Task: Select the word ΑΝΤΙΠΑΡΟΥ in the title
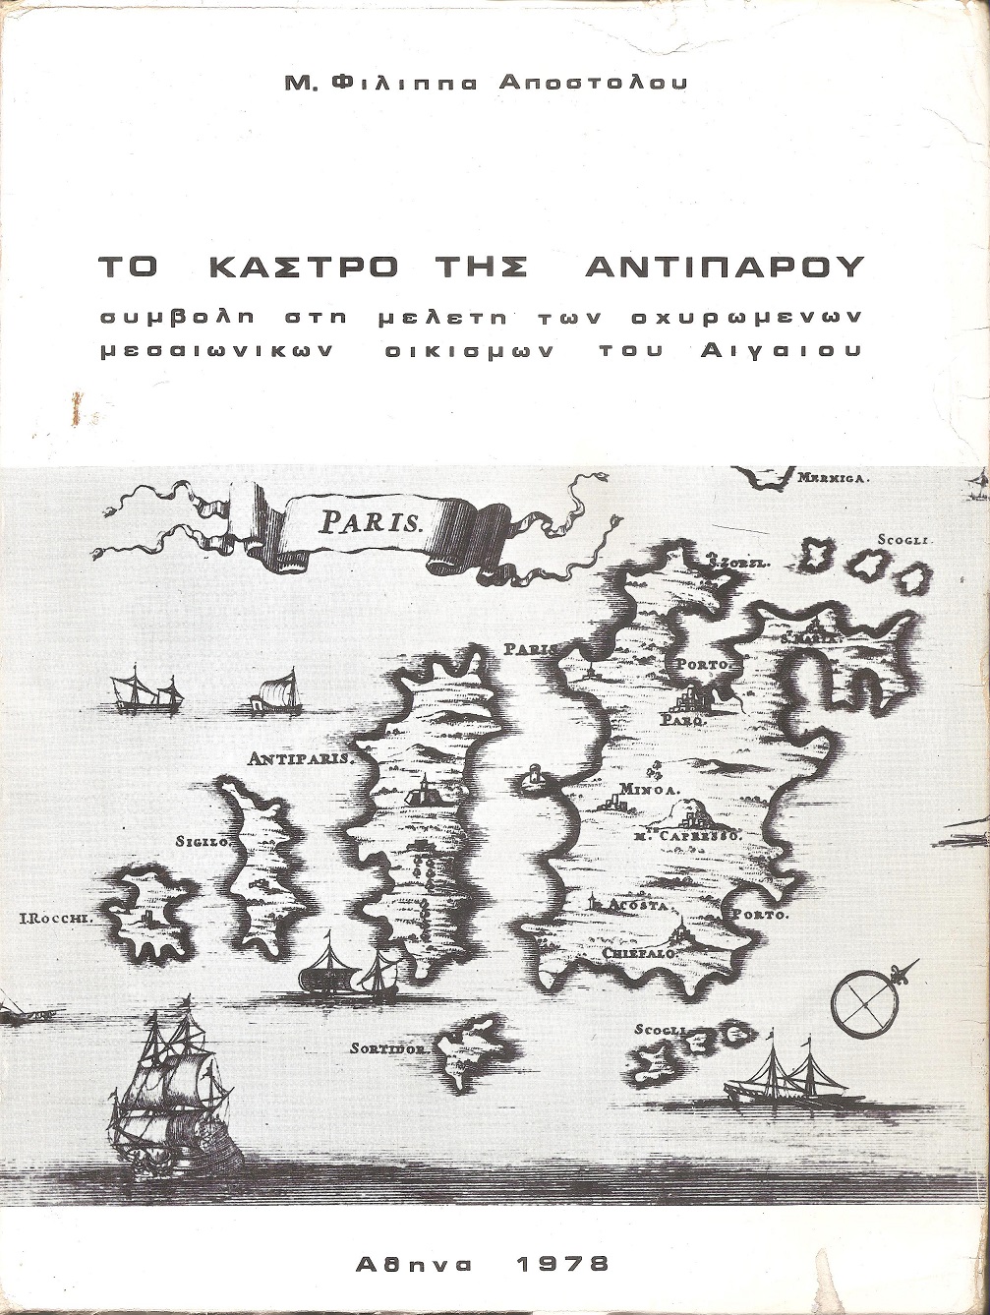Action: [x=724, y=268]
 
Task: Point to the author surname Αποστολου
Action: [x=593, y=84]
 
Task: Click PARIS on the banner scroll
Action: [x=369, y=521]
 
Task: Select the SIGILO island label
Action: [x=202, y=842]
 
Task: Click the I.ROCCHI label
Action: [x=55, y=920]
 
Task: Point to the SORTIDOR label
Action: [x=388, y=1048]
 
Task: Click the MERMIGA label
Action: [x=832, y=478]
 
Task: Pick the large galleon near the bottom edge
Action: [x=175, y=1092]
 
